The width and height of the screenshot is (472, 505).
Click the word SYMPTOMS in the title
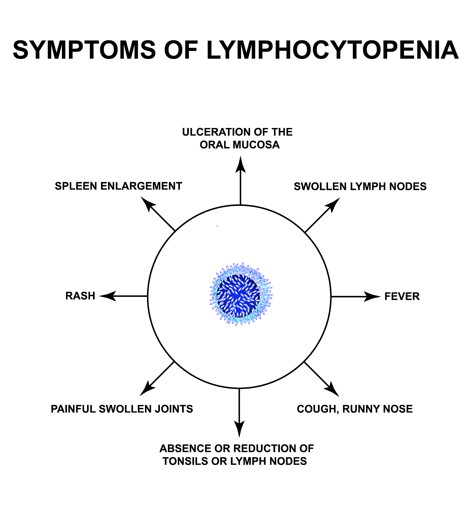(84, 50)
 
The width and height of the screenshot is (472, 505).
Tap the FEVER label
(402, 296)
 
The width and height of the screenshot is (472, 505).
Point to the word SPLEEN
(76, 186)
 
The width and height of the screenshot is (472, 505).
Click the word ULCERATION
(213, 132)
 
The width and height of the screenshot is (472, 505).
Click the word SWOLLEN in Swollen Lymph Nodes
(320, 187)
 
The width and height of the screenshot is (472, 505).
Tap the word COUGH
(318, 409)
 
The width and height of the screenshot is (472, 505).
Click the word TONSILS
(185, 461)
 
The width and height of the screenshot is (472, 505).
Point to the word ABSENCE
(185, 448)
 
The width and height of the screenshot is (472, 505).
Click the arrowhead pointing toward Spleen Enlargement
(147, 203)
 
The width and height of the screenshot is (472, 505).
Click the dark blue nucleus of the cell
(238, 296)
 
